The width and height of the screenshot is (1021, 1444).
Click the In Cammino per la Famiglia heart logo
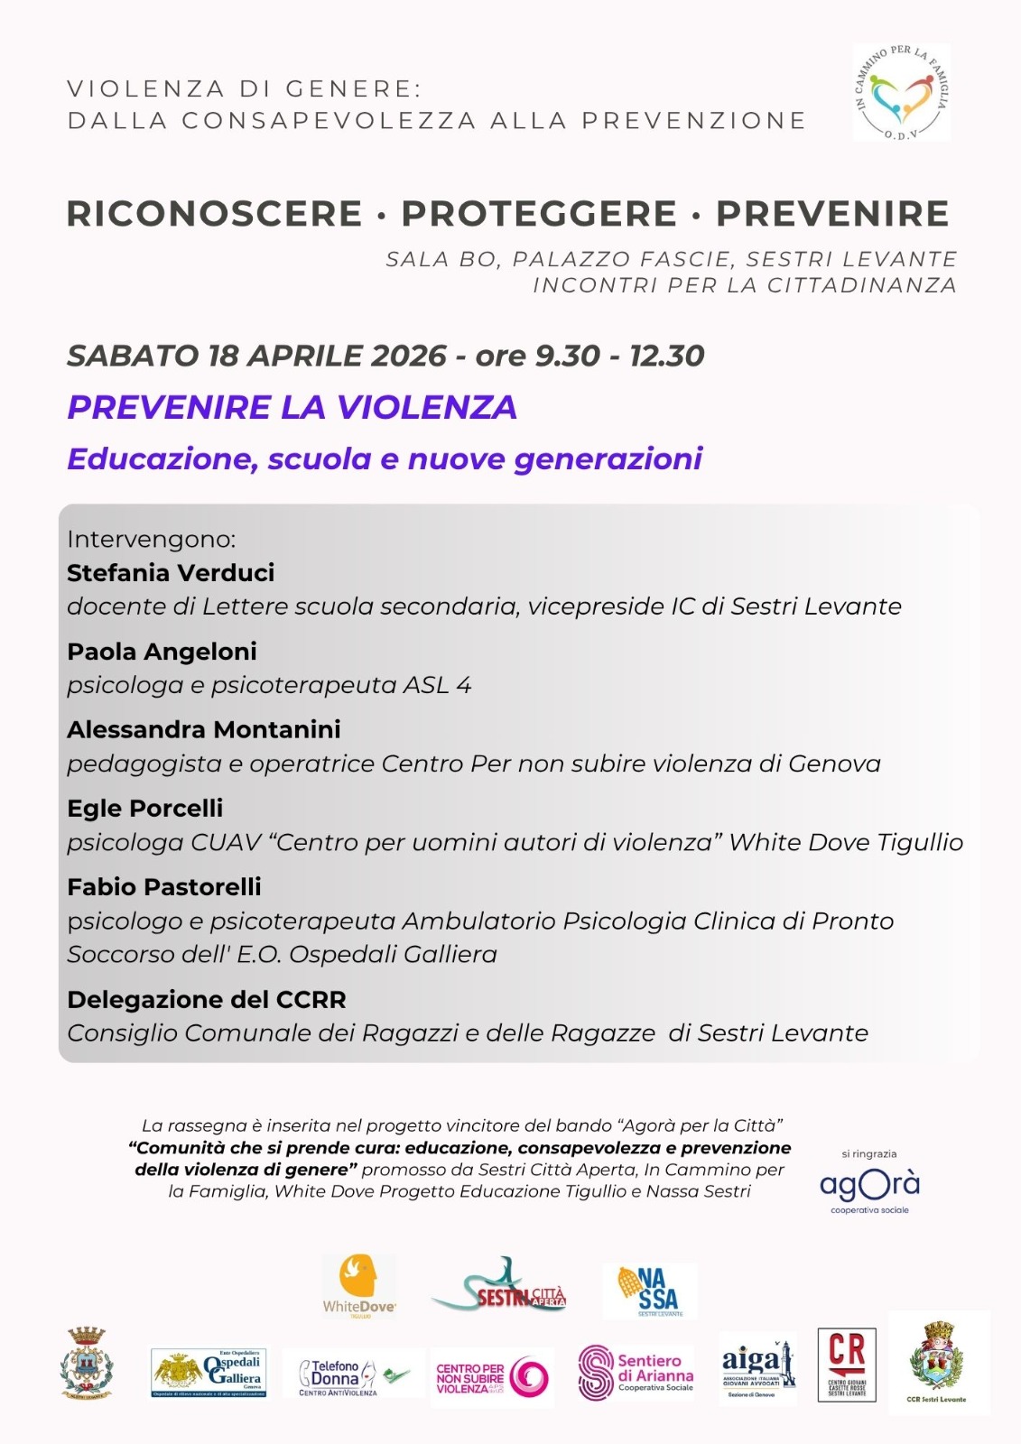pyautogui.click(x=901, y=93)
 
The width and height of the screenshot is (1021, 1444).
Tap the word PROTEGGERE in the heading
pyautogui.click(x=539, y=214)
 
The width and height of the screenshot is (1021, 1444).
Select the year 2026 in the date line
pyautogui.click(x=409, y=356)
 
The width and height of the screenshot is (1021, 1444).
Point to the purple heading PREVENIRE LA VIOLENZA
pyautogui.click(x=292, y=408)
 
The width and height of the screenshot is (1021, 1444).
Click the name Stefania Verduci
pyautogui.click(x=171, y=573)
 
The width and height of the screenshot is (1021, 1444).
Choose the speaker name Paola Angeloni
pyautogui.click(x=162, y=652)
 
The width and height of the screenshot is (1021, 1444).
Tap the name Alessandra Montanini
pyautogui.click(x=204, y=729)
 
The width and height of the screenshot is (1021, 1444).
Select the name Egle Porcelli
pyautogui.click(x=144, y=808)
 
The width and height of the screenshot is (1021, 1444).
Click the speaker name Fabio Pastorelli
pyautogui.click(x=164, y=887)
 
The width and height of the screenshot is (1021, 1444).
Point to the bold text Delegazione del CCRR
pyautogui.click(x=207, y=1000)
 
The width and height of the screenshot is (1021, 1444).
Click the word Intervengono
pyautogui.click(x=151, y=540)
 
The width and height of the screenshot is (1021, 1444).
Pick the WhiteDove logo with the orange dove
pyautogui.click(x=359, y=1286)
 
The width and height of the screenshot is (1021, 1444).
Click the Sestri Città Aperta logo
pyautogui.click(x=499, y=1287)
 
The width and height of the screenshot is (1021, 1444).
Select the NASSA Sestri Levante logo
pyautogui.click(x=650, y=1291)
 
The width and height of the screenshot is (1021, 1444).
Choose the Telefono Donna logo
pyautogui.click(x=352, y=1375)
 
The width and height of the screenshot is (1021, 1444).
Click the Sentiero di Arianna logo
pyautogui.click(x=636, y=1374)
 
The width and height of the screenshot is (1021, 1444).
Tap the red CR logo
pyautogui.click(x=847, y=1365)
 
